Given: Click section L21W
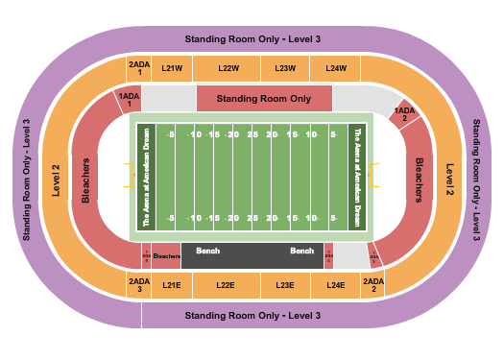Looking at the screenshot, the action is [173, 68].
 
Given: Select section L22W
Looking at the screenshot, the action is [228, 68].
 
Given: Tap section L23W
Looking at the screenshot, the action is [285, 68].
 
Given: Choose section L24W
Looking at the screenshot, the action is [335, 68].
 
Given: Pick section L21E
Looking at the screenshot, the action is [173, 285].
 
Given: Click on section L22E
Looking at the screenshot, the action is [226, 285].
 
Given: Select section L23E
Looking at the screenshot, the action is [285, 285].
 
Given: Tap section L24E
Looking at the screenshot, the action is [335, 285].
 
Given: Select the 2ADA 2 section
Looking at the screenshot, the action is [373, 285].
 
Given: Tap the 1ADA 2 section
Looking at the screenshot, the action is [405, 114].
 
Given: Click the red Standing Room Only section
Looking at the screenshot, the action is [264, 98].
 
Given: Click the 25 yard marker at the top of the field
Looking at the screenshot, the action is [252, 134].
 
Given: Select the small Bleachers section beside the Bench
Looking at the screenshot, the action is [167, 256].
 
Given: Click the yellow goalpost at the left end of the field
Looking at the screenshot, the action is [128, 175].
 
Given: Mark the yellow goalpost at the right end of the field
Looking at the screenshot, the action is [375, 175].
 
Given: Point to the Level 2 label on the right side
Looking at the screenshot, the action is [449, 178].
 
